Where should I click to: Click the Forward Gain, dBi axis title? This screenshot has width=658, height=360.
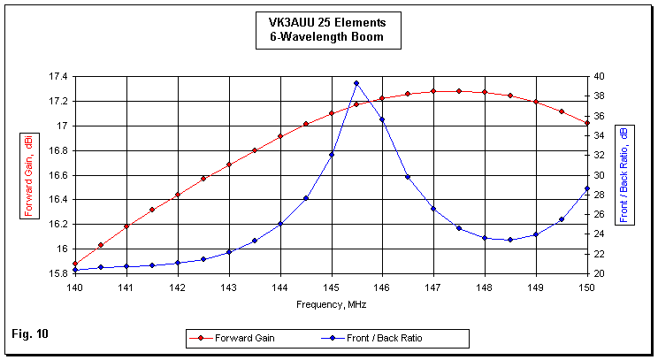tap(29, 175)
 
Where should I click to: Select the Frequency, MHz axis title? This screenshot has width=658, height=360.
tap(331, 303)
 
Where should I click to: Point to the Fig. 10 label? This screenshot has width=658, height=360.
tap(30, 333)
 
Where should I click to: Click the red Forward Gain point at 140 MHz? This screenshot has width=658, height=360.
tap(75, 264)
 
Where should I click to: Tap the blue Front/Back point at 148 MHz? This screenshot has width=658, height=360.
tap(485, 238)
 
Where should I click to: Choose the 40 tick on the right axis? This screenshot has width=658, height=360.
tap(600, 77)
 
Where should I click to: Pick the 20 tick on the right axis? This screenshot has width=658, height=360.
tap(600, 273)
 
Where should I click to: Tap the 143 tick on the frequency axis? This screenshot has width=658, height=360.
tap(229, 287)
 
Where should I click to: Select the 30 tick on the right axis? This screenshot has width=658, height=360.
tap(600, 175)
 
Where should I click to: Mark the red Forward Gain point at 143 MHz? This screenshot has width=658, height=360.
tap(229, 165)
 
